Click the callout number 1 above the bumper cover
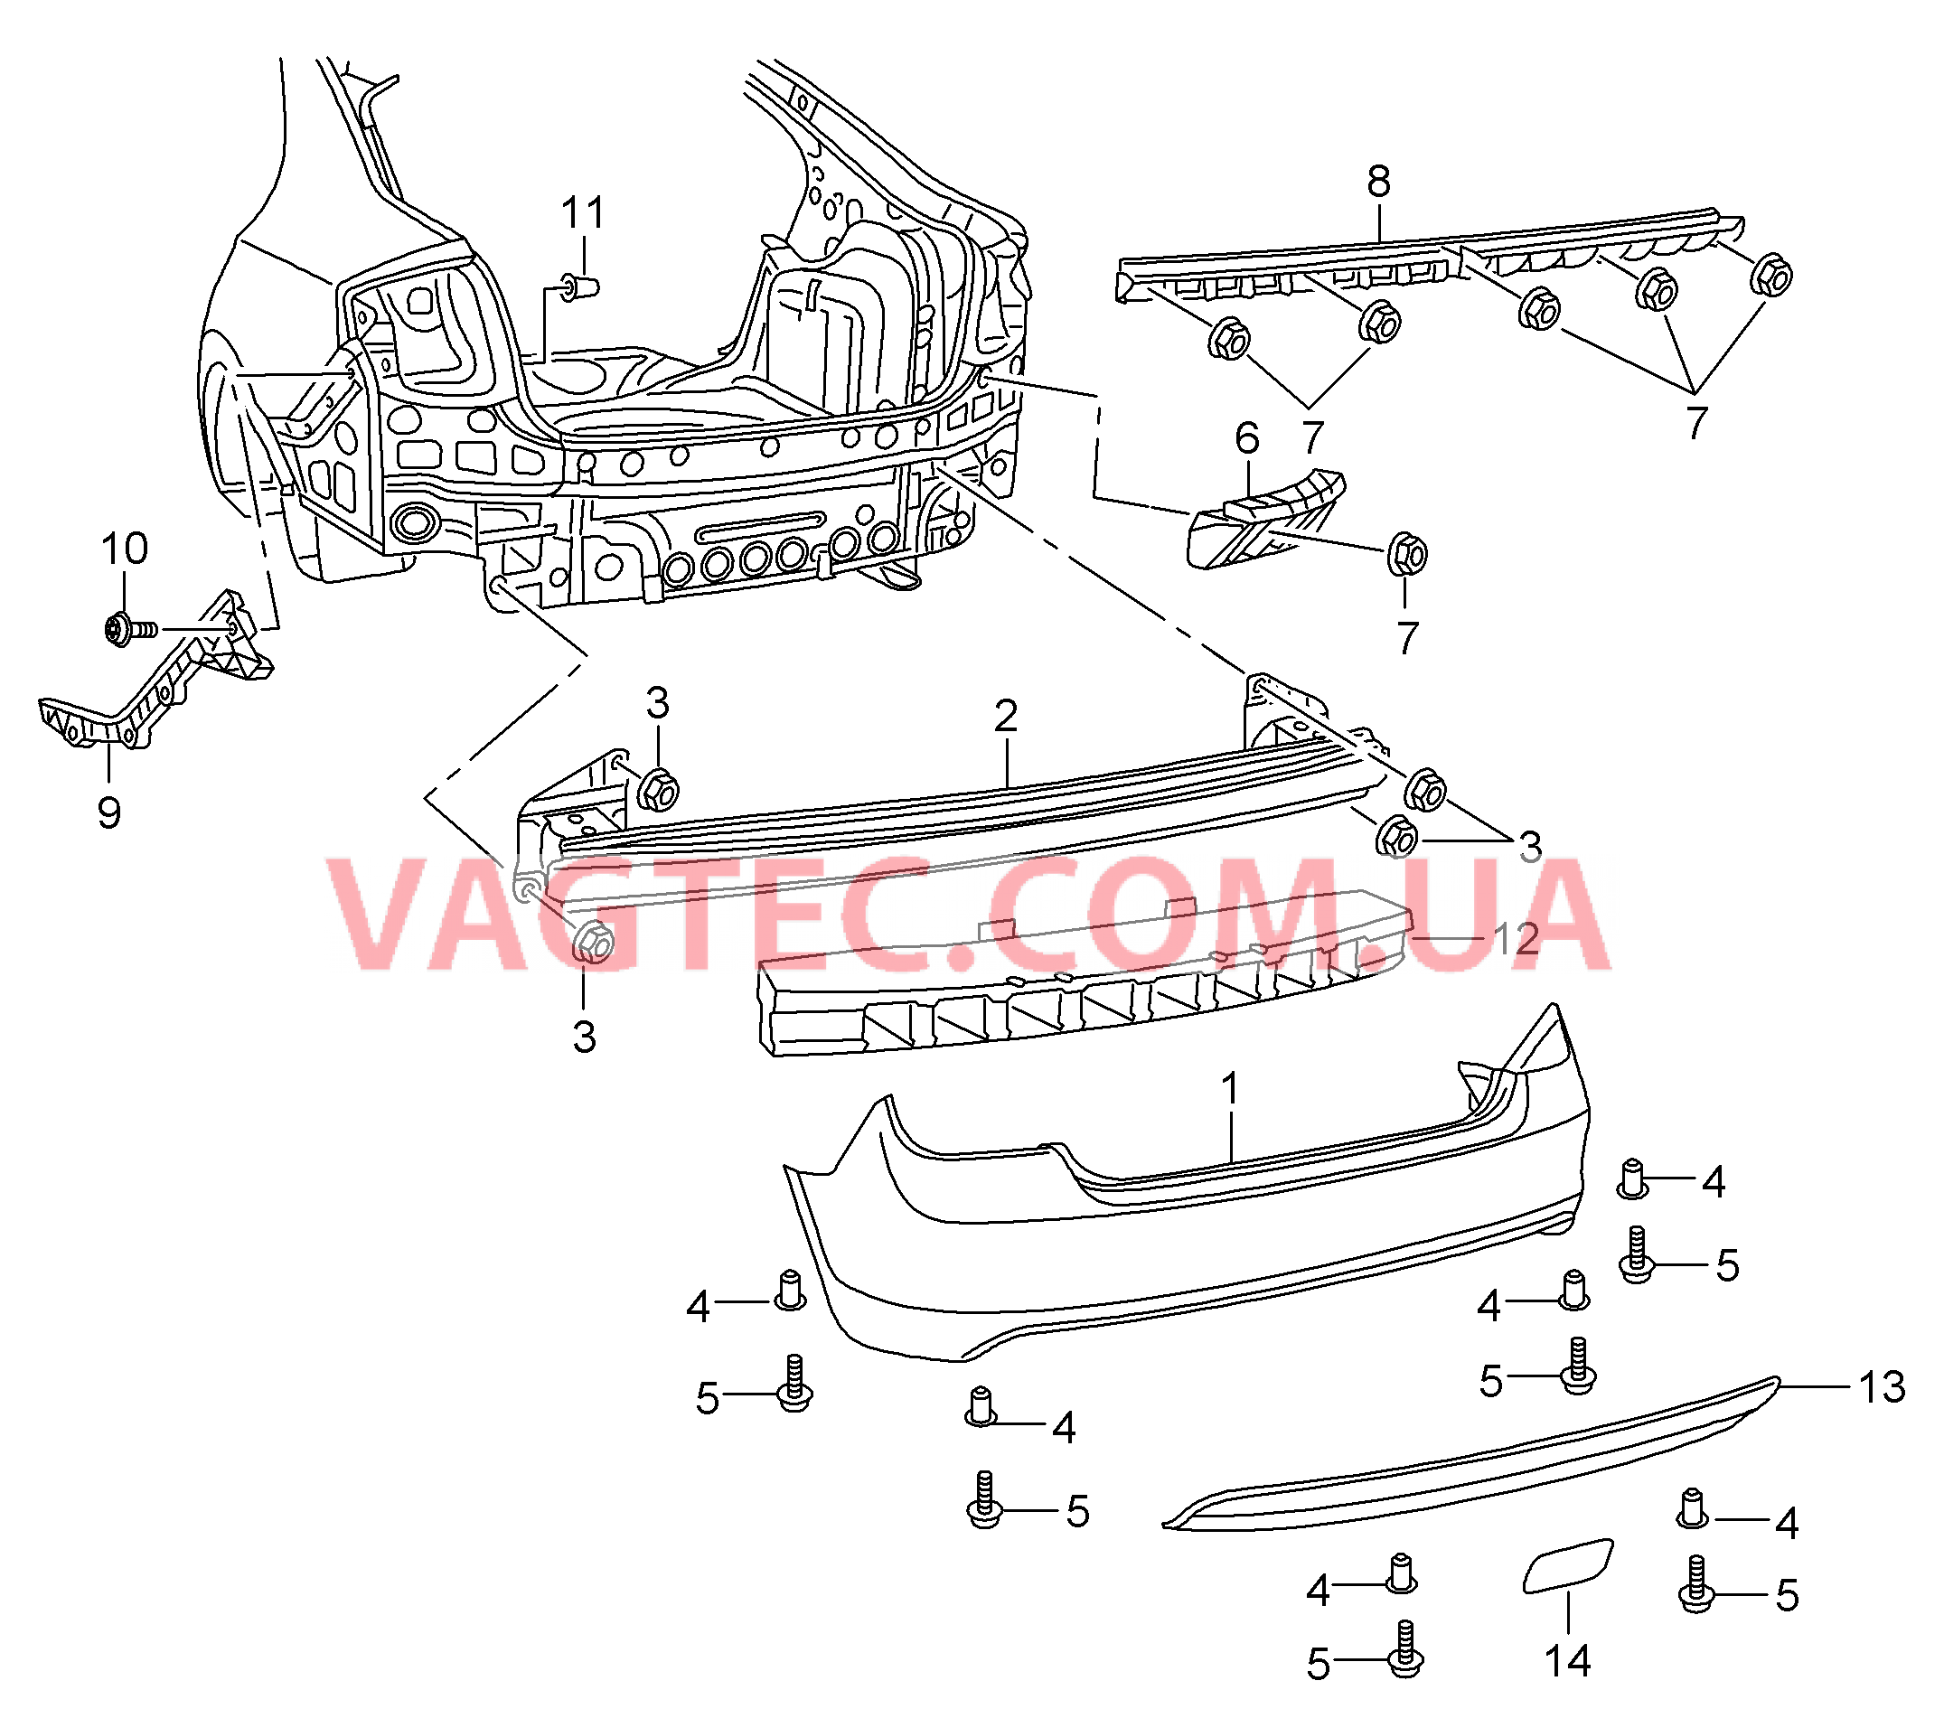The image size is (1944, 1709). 1230,1089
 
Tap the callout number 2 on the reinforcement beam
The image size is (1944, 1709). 1006,716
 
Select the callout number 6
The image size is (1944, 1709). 1247,438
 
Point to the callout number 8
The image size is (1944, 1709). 1378,181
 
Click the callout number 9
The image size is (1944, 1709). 109,813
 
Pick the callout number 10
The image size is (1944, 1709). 125,549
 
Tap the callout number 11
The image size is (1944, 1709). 582,212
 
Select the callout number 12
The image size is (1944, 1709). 1516,940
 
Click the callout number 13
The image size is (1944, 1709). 1883,1387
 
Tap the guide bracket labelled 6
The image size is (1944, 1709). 1265,519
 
